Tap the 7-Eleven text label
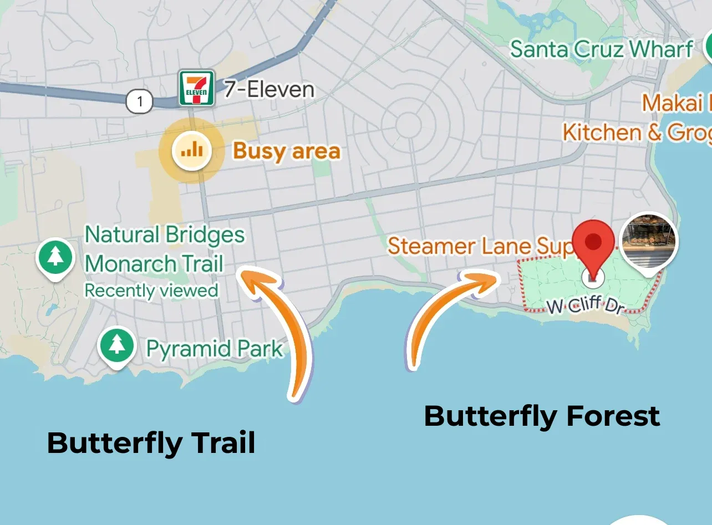(269, 89)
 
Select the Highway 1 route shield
(140, 101)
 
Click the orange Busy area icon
(191, 150)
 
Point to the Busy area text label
(286, 151)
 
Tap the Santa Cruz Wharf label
(601, 49)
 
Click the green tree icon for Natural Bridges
(55, 257)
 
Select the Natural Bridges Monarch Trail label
(164, 249)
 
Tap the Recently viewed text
(151, 290)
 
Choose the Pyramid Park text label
(214, 349)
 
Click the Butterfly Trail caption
(151, 443)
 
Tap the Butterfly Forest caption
(542, 416)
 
